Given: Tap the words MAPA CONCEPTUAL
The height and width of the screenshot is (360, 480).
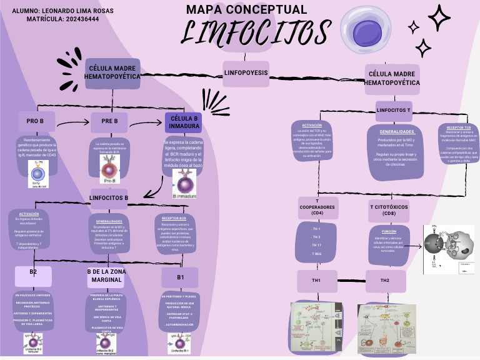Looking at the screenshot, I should coord(246,9).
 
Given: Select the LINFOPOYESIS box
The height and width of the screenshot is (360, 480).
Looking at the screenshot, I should coord(246,73).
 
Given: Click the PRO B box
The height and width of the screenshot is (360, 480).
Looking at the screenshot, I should coord(35,121).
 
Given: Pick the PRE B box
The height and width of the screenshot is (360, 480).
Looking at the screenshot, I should coord(109,121).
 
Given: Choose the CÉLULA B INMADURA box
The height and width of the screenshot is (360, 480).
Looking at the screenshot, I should coord(184,122).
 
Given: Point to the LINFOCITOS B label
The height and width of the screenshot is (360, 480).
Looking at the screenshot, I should coord(109,198).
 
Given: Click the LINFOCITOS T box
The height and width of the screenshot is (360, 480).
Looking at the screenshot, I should coord(394,110).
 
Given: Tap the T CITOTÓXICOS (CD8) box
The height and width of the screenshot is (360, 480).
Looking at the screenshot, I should coord(391,209).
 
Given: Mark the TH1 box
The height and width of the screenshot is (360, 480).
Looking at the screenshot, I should coord(316,281).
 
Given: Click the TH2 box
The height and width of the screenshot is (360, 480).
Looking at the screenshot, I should coord(385,281).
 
